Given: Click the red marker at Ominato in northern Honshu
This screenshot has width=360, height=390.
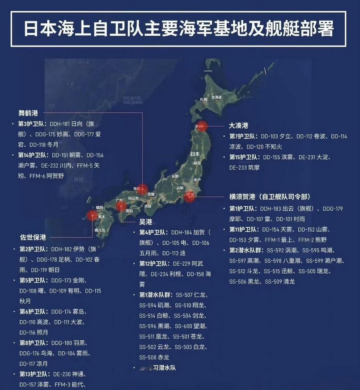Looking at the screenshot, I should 202,127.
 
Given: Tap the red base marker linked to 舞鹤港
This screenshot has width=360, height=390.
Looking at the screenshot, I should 143,189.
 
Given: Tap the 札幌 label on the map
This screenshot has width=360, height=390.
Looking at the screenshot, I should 203,99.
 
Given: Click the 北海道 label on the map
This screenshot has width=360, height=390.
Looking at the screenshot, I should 216,97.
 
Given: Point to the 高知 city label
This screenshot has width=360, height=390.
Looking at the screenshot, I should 129,210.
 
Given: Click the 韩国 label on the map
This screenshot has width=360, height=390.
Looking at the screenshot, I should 79,179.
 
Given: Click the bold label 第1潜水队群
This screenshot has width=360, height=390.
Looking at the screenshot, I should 157,295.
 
